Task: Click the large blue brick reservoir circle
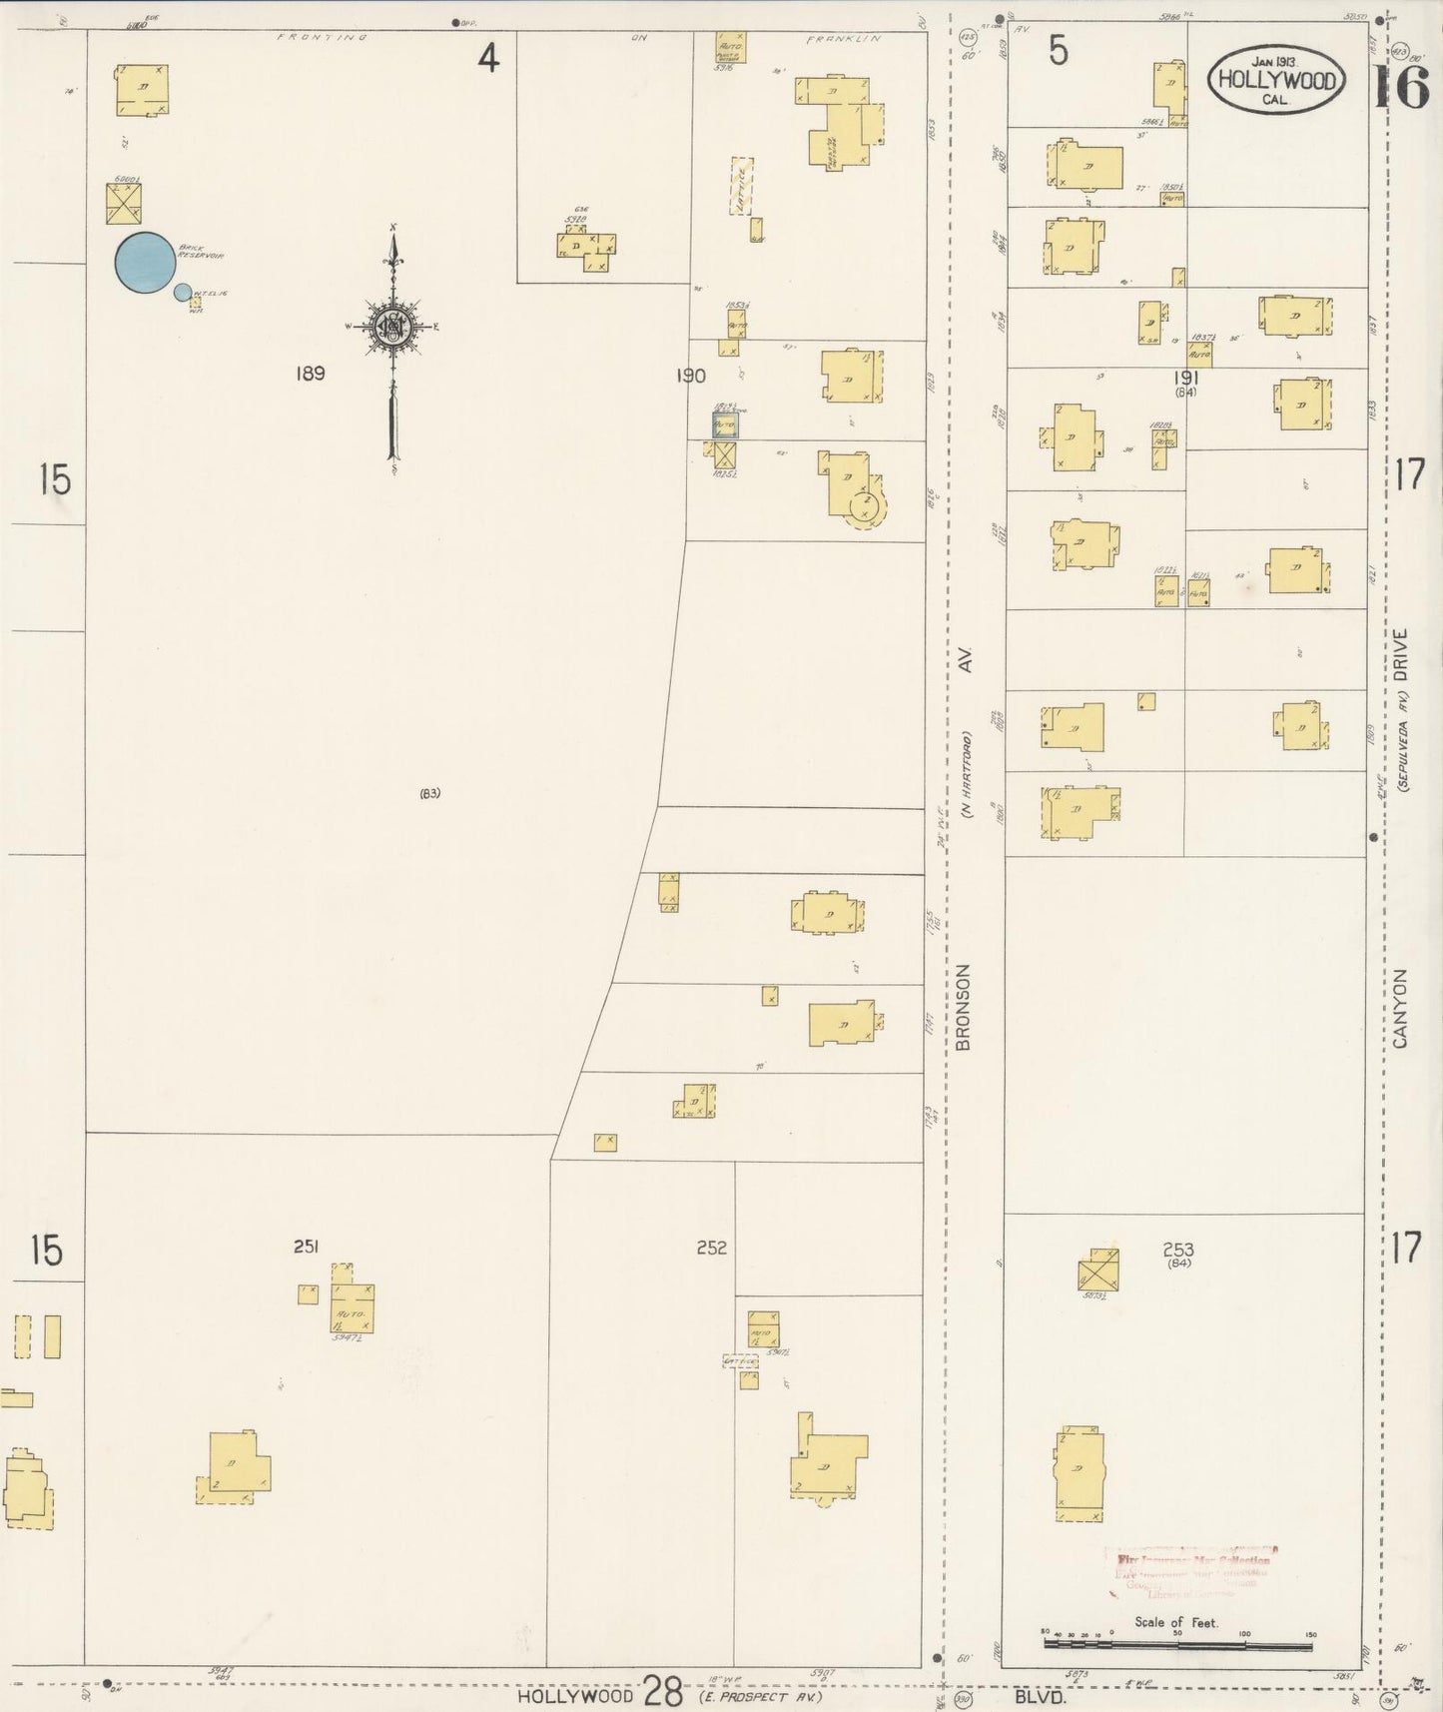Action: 145,263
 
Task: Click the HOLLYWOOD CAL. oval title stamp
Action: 1276,81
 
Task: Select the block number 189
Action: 310,374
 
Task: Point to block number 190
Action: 690,376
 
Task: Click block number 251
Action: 306,1246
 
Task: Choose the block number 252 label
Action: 711,1248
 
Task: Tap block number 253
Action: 1178,1249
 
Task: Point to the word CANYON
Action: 1399,1008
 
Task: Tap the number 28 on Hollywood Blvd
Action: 662,1692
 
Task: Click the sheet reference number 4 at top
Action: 486,59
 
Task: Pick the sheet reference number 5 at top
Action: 1058,51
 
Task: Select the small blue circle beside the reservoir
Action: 183,292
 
